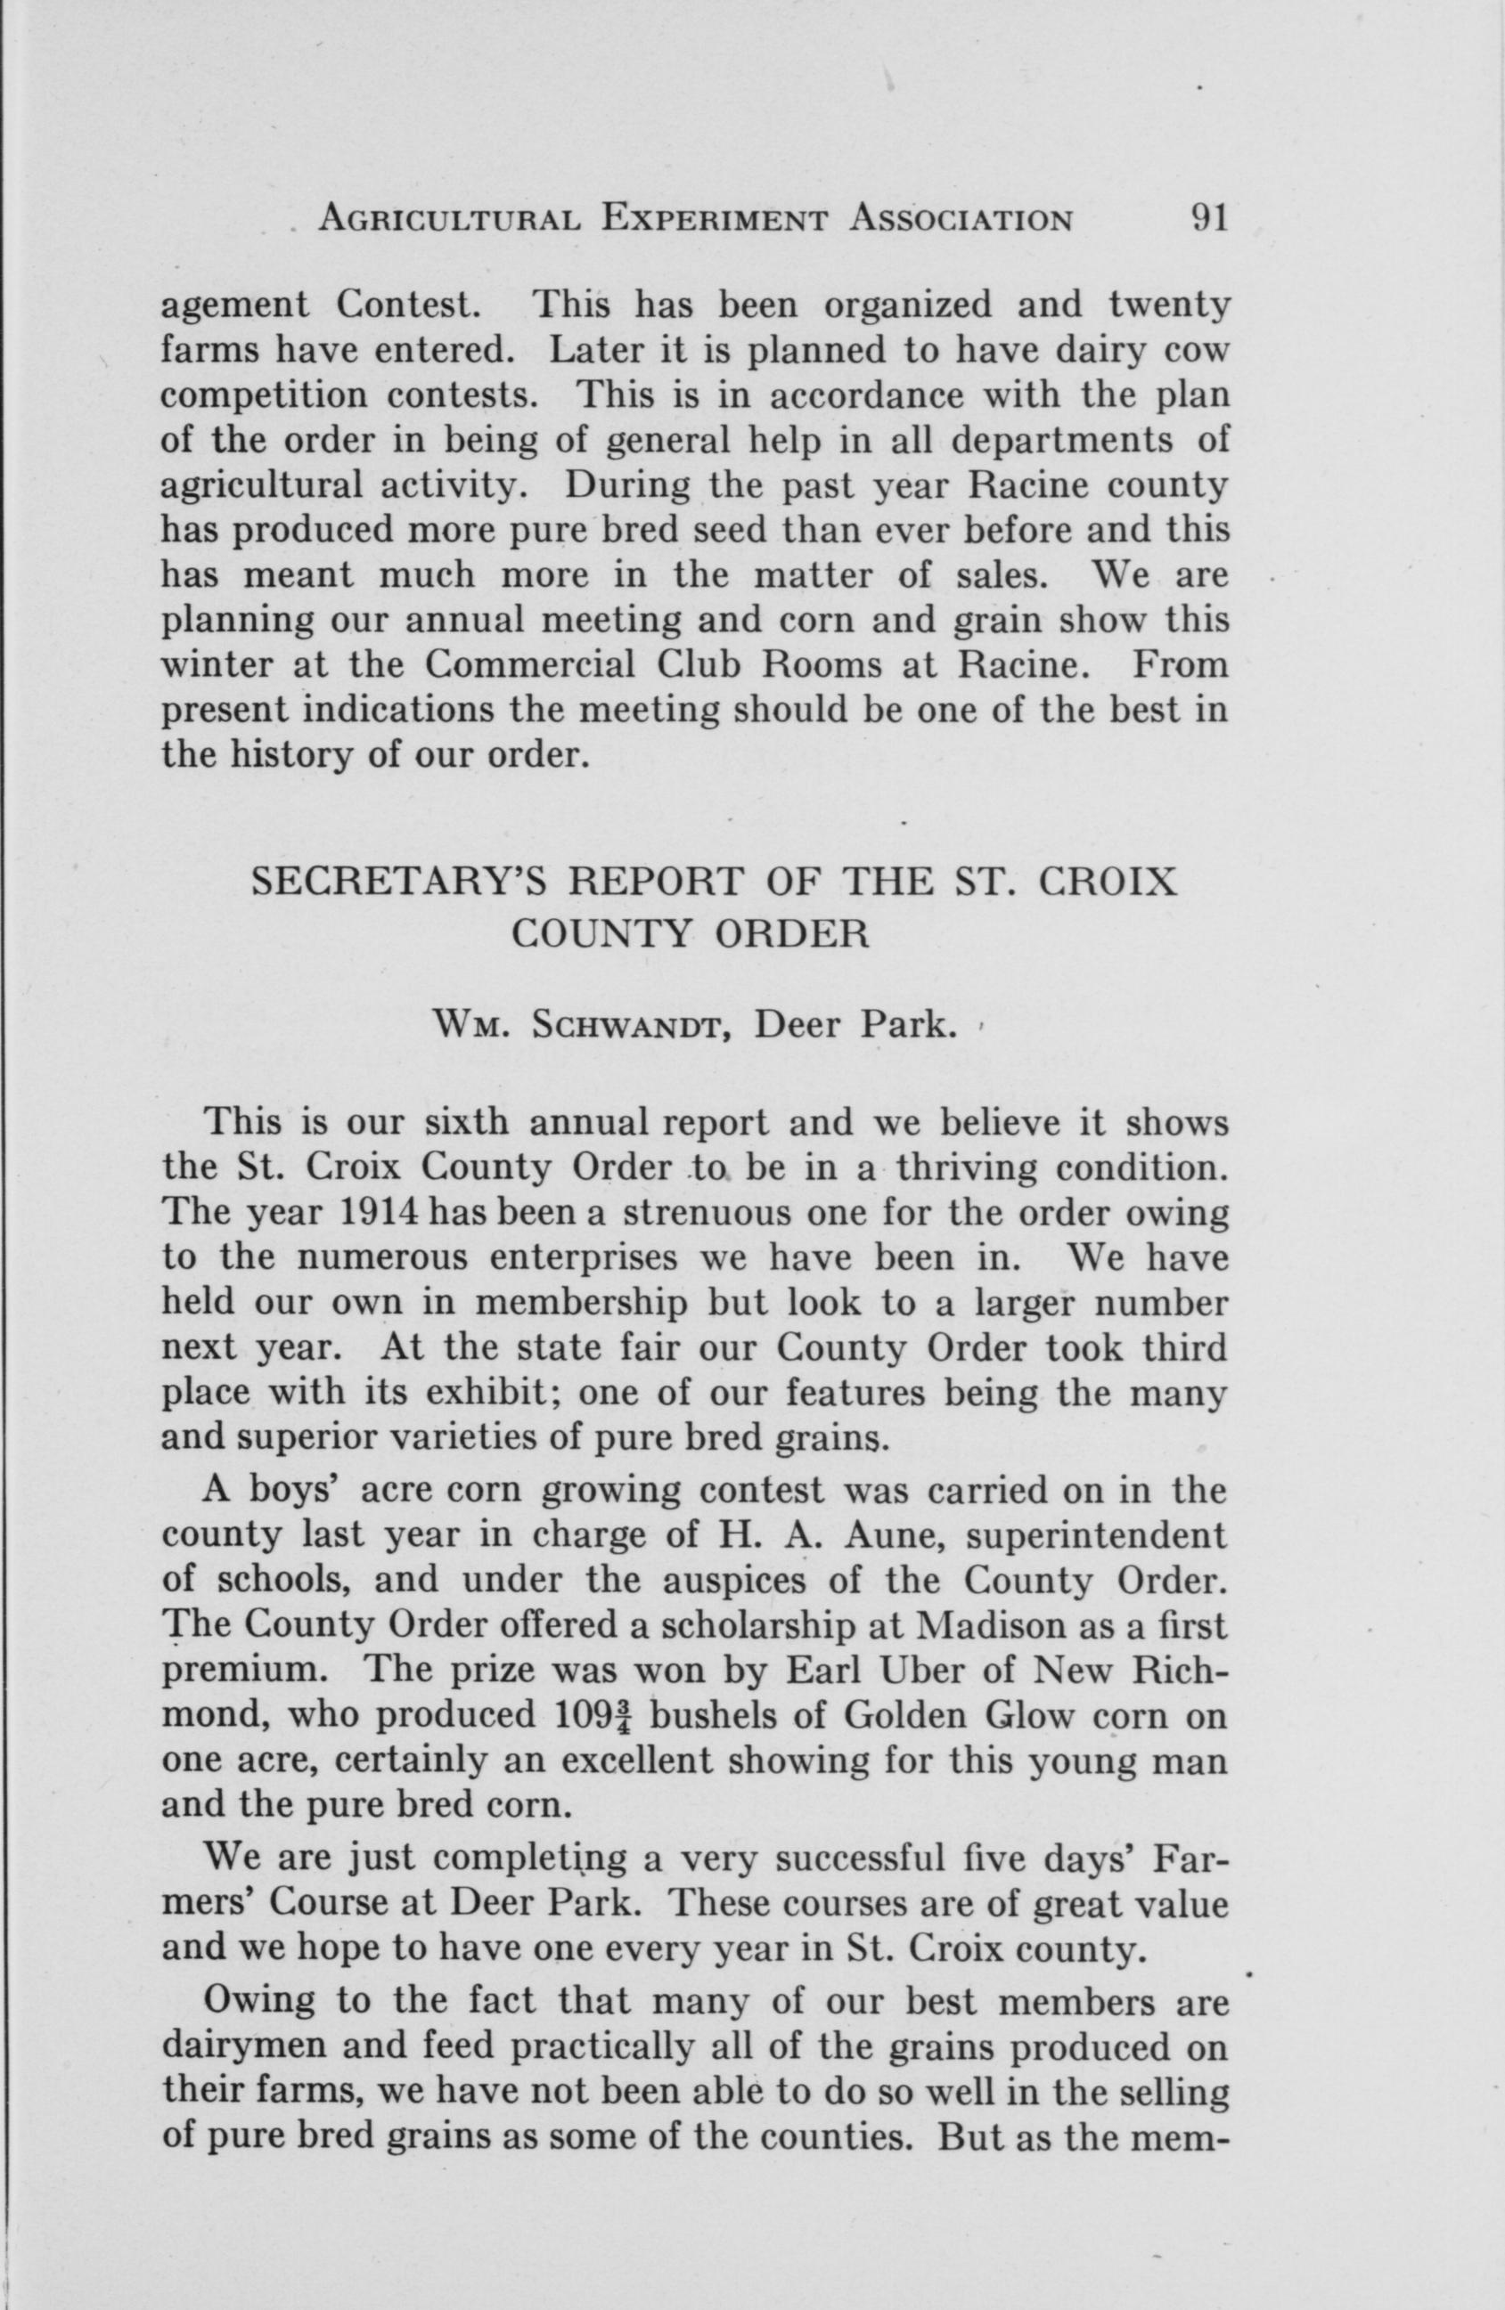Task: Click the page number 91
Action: (x=1208, y=218)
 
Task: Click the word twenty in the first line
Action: (x=1168, y=306)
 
